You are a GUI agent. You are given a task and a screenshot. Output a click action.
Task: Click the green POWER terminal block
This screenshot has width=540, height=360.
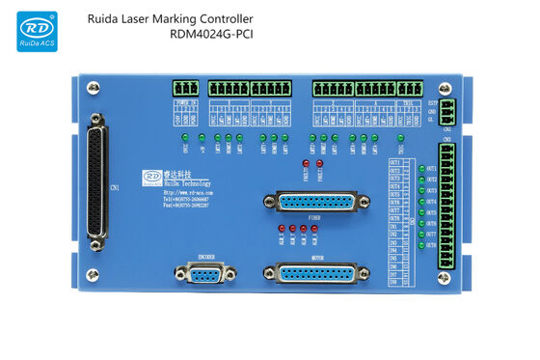point(188,88)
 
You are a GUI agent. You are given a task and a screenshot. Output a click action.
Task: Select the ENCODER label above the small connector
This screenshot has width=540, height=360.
point(205,257)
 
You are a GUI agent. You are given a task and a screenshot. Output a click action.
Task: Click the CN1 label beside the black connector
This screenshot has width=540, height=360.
point(114,187)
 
